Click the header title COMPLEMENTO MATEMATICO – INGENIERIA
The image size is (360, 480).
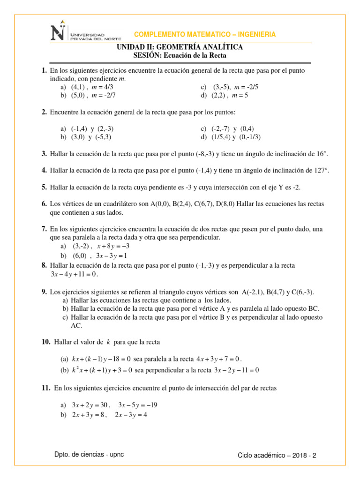(205, 35)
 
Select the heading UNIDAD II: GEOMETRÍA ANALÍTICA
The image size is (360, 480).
(180, 47)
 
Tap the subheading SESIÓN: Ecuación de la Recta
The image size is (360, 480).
(180, 55)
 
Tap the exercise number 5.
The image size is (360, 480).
(44, 187)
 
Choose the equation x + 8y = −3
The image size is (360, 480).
(113, 246)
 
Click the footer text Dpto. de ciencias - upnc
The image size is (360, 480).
(89, 455)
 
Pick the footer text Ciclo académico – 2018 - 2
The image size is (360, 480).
(277, 455)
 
